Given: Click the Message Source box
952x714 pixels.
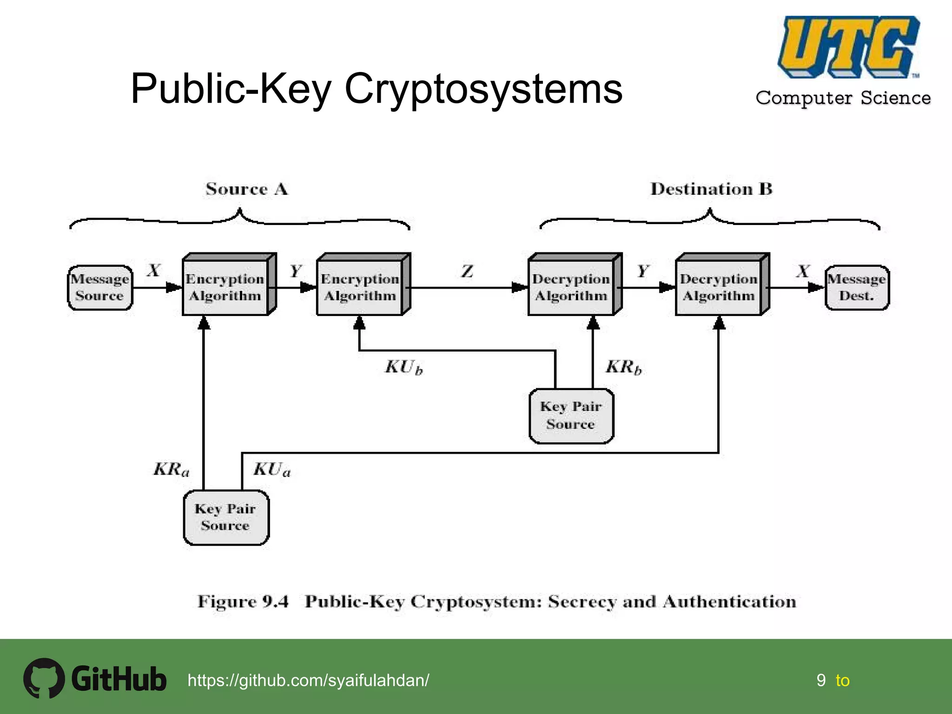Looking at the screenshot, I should [100, 288].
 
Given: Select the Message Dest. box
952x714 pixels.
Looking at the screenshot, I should [857, 288].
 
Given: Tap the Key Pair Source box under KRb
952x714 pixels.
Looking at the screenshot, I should [571, 416].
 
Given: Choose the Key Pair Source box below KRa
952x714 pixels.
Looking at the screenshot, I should [226, 517].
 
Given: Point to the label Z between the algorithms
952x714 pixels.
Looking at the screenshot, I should [467, 271].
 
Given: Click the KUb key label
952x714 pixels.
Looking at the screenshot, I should [404, 367].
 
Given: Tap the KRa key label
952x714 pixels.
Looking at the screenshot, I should [172, 469].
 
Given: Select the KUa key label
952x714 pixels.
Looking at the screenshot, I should [272, 469].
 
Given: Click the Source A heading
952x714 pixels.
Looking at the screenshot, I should [247, 189].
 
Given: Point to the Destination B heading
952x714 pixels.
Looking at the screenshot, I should [711, 189].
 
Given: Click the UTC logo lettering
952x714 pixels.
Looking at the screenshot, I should [848, 46].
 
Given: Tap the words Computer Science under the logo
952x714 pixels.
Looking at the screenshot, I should [843, 98].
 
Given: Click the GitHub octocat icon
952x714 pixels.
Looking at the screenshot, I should [44, 678].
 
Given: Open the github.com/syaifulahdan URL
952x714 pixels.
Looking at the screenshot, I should [308, 681].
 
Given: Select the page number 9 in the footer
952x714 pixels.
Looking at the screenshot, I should [821, 681].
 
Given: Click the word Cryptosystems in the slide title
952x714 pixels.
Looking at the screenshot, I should [483, 89].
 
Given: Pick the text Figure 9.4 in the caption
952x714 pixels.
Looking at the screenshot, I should [243, 602].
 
